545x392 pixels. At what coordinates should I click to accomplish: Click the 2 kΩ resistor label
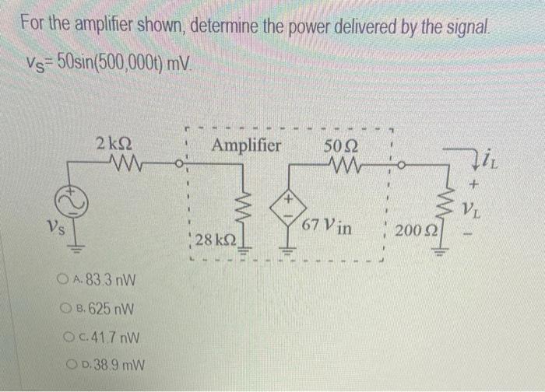[113, 145]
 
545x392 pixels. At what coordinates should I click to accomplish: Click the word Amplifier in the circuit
[245, 145]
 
